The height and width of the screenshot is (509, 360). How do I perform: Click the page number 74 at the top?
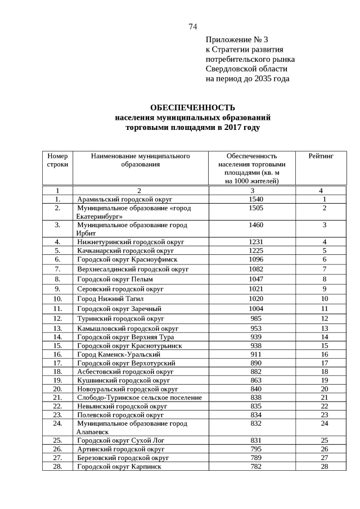coord(192,26)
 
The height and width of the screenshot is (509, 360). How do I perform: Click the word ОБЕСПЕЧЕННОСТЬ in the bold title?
coord(192,108)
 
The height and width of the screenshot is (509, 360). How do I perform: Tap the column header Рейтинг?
coord(321,156)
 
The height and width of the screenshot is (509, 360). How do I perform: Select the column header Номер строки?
coord(57,160)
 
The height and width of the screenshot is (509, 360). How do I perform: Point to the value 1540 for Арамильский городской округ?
coord(256,199)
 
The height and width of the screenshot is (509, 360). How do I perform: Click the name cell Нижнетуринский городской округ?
coord(130,242)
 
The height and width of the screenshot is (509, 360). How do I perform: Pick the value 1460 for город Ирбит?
coord(256,225)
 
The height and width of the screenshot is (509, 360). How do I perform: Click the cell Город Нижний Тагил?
coord(110,299)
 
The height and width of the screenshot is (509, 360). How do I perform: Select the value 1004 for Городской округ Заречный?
coord(256,309)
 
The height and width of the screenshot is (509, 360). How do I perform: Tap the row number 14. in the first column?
coord(57,337)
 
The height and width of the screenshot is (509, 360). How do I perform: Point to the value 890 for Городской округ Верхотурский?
coord(256,363)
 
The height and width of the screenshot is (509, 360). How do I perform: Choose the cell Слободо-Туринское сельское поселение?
coord(139,398)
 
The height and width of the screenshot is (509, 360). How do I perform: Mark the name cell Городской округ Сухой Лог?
coord(120,440)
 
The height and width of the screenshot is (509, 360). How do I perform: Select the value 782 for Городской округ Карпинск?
coord(256,467)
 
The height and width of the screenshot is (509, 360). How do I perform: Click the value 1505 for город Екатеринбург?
coord(256,208)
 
